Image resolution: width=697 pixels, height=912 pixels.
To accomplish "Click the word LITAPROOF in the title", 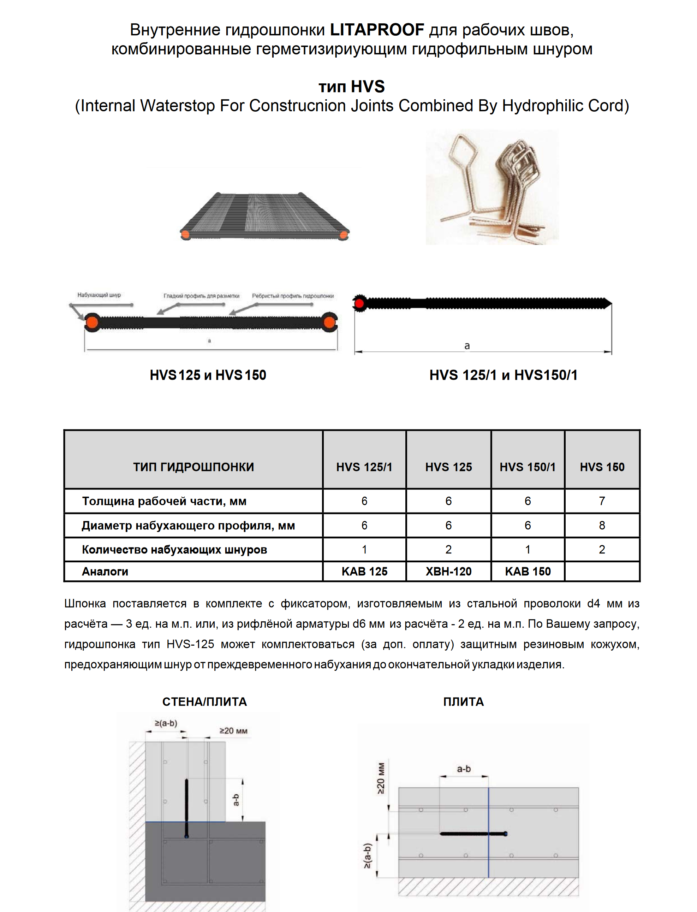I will click(x=377, y=30).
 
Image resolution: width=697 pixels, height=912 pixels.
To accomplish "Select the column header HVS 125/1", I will click(x=364, y=467).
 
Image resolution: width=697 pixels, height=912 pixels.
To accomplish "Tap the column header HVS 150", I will click(x=602, y=467).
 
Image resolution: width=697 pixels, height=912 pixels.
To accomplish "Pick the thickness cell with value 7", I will click(x=602, y=501).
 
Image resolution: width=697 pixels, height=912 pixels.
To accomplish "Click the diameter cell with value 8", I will click(x=602, y=525).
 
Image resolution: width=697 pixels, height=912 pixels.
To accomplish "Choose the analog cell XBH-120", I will click(x=448, y=572).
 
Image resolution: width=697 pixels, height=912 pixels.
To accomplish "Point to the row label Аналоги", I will click(x=105, y=572).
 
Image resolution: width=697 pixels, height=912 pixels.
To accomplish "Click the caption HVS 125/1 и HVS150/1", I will click(x=503, y=375).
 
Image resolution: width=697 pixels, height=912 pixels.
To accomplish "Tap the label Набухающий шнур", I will click(x=99, y=295).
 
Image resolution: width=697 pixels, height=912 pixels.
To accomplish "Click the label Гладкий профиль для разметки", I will click(x=201, y=296).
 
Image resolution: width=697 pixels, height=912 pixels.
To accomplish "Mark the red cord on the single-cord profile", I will click(x=359, y=303).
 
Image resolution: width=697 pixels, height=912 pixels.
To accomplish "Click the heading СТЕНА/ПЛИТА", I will click(x=204, y=701).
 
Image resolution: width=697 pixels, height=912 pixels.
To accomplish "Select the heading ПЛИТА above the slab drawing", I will click(x=463, y=701).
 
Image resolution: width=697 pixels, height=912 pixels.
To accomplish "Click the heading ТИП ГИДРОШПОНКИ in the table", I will click(x=193, y=467).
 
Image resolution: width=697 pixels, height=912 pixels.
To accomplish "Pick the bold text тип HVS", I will click(x=351, y=86).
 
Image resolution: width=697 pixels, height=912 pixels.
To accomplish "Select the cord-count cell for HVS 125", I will click(x=448, y=549).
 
